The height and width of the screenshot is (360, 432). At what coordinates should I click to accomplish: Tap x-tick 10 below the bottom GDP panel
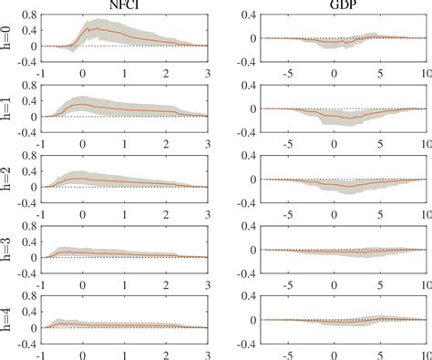pyautogui.click(x=426, y=355)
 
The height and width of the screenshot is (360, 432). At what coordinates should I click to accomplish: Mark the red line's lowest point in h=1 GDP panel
pyautogui.click(x=349, y=118)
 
